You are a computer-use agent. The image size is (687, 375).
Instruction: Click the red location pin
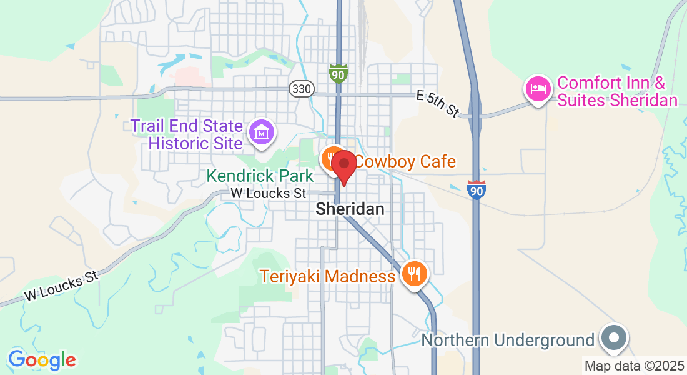(343, 166)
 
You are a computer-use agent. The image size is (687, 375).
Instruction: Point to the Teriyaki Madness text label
(328, 276)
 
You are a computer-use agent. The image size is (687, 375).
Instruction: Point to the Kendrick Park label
(260, 176)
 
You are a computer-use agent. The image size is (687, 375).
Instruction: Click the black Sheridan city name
(350, 209)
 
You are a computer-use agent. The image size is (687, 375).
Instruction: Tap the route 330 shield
(300, 89)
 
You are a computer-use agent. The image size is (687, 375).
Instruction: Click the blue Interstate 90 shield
(476, 189)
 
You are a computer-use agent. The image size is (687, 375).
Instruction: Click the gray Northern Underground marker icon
(614, 338)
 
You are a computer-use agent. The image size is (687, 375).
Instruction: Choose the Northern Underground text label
(508, 341)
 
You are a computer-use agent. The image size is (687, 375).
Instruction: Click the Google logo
(42, 360)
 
